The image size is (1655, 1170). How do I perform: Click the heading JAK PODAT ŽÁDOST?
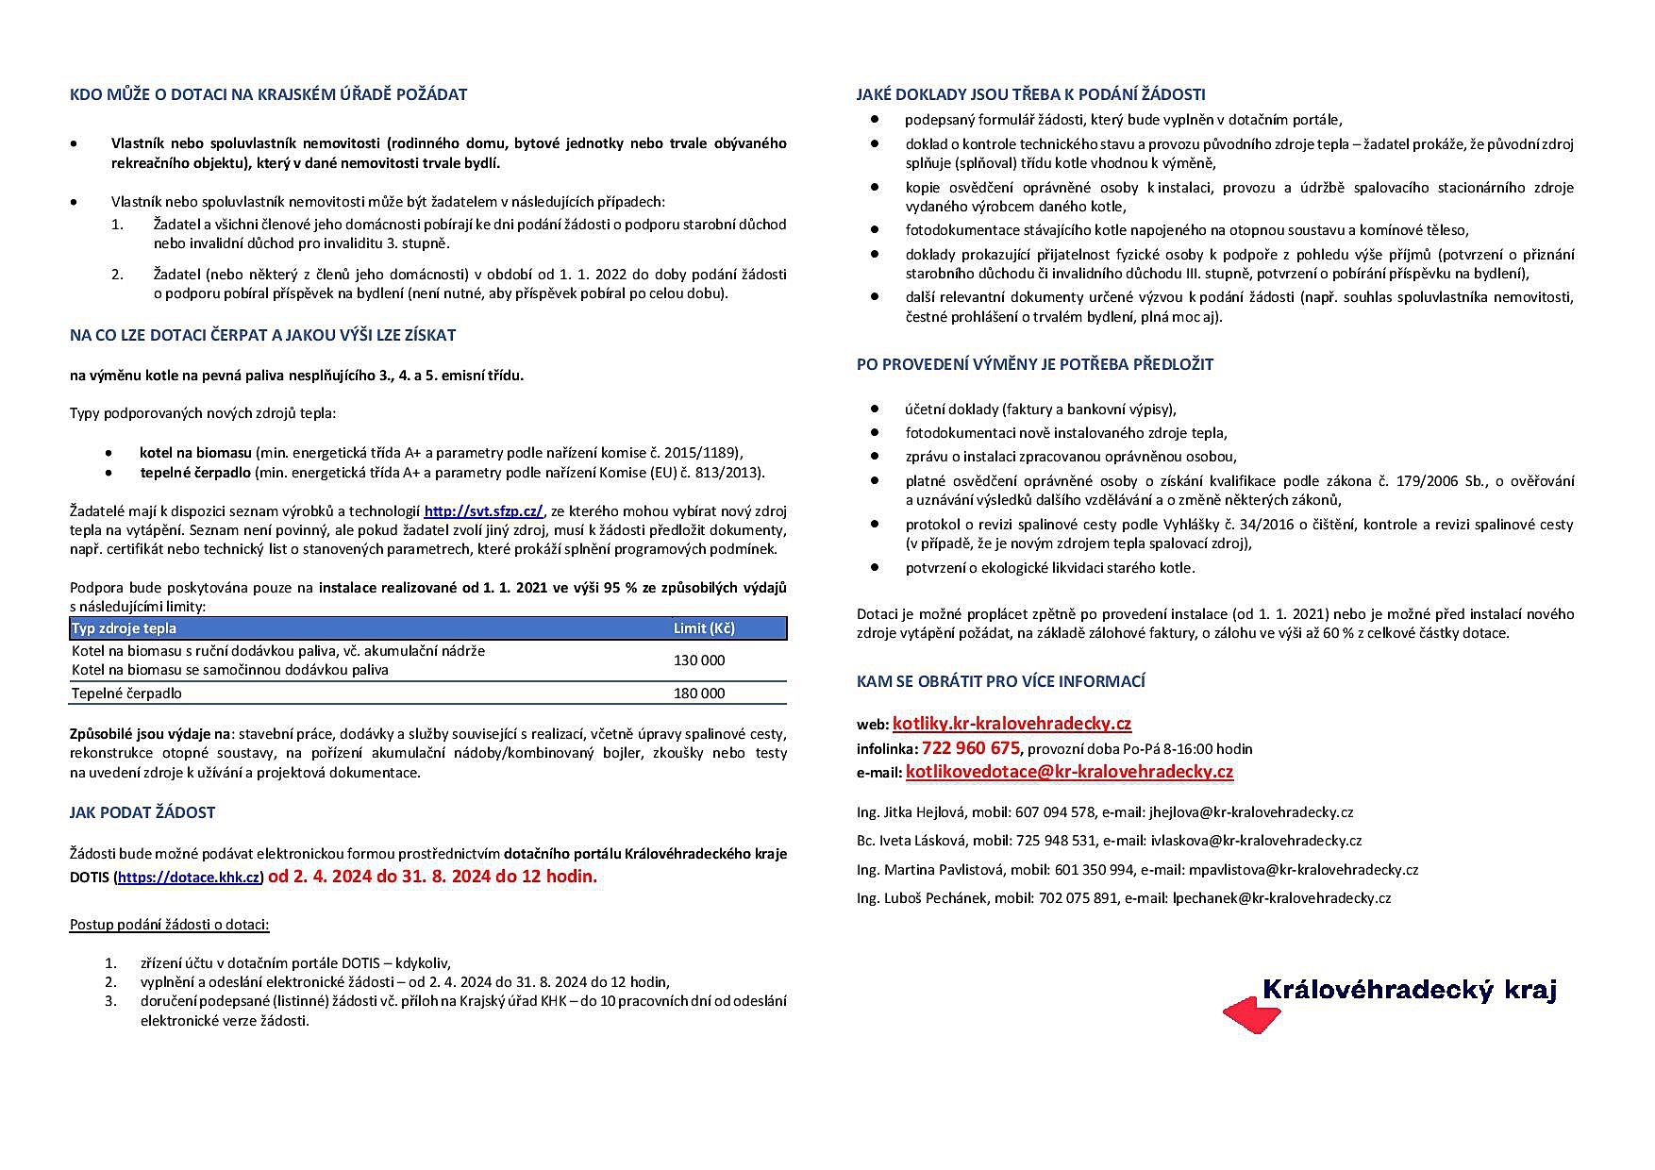142,812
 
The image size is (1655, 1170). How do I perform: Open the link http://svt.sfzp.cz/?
483,511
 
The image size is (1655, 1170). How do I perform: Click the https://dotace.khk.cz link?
189,877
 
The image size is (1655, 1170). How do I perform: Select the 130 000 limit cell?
699,660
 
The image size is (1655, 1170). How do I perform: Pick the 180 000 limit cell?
699,694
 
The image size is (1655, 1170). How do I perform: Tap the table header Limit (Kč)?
704,628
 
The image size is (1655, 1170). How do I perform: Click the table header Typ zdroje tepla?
125,628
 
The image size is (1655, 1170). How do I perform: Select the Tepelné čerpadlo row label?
126,694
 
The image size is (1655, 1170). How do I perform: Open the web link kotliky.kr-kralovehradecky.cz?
1011,724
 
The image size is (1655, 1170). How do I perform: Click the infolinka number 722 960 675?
971,748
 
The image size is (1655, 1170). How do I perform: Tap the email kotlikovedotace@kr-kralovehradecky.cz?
1069,772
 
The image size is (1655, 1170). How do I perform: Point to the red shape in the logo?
1250,1016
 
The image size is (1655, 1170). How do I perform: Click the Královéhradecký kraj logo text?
1409,990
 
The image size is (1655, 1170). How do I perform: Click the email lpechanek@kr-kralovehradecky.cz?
1281,898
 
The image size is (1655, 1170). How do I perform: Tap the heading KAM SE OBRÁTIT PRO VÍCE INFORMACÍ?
1000,681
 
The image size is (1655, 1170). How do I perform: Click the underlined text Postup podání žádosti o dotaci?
170,924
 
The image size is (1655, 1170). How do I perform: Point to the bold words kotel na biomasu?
195,453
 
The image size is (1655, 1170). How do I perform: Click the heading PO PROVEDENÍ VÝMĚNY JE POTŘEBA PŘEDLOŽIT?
1034,364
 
